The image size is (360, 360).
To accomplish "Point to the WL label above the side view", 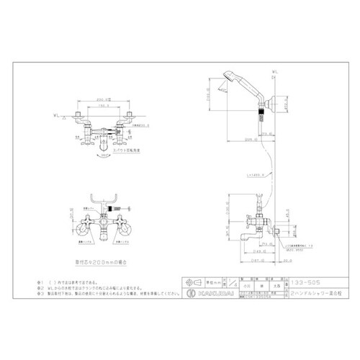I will click(x=276, y=71).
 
